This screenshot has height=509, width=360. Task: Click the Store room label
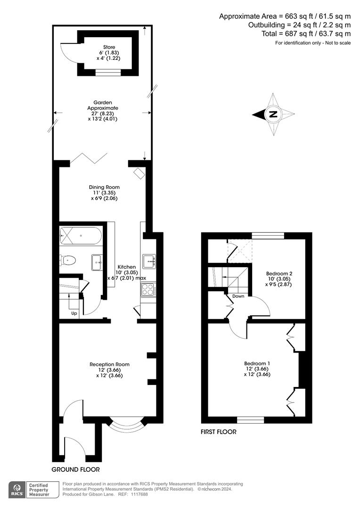pos(109,47)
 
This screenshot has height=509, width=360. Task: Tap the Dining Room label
pos(104,187)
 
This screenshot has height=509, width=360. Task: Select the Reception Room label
pos(109,364)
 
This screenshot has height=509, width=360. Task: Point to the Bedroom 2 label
pos(279,273)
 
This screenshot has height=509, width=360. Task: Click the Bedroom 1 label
pos(257,363)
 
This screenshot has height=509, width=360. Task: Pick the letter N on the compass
pos(273,114)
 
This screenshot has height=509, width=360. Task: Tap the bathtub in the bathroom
pos(80,236)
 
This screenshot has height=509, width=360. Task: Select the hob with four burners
pos(148,289)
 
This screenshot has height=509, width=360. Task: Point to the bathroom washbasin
pos(97,262)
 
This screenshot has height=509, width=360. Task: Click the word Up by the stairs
pos(74,313)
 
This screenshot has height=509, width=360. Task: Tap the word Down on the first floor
pos(238,296)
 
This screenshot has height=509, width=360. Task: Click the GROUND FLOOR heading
pos(76,469)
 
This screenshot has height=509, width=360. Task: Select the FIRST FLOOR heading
pos(219,432)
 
